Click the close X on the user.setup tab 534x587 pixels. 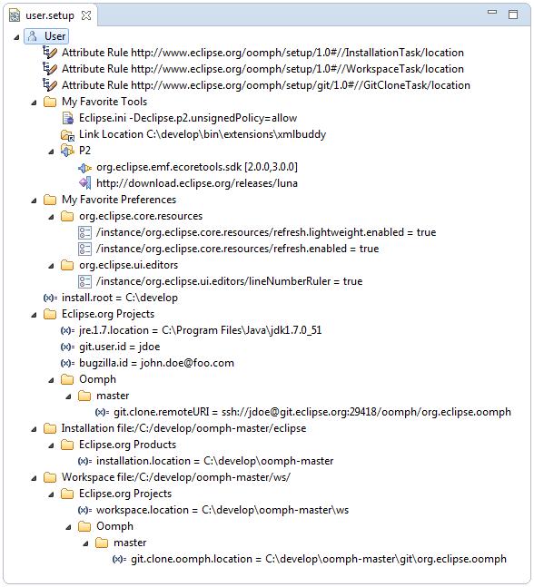click(86, 15)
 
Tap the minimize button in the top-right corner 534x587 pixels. click(492, 13)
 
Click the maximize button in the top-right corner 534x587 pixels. click(513, 15)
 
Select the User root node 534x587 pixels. click(46, 36)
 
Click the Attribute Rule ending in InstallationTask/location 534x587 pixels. click(262, 53)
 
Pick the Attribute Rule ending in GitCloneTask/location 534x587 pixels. click(266, 85)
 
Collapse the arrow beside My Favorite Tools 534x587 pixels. click(35, 103)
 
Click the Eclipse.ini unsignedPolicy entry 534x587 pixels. click(188, 118)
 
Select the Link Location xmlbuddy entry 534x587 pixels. click(203, 134)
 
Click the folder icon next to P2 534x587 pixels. click(67, 151)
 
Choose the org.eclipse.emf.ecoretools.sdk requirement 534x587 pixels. click(197, 167)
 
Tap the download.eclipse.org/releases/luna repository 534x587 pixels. click(197, 183)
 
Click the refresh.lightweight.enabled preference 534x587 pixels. click(266, 232)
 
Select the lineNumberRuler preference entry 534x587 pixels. click(230, 281)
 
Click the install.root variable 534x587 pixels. click(120, 298)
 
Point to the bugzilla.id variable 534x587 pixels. click(156, 363)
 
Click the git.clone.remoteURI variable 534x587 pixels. click(312, 412)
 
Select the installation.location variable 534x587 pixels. click(214, 461)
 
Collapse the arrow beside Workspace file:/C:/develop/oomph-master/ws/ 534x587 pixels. click(35, 478)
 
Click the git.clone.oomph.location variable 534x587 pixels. click(319, 559)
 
